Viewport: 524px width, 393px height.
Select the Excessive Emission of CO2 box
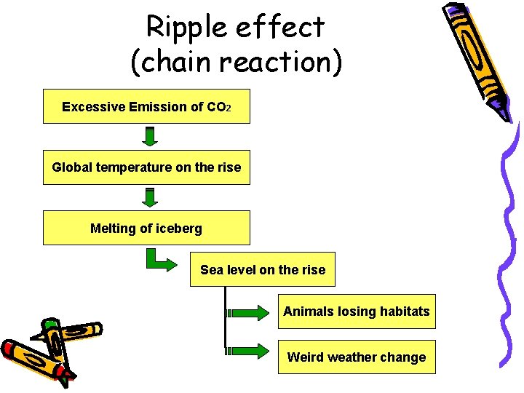(146, 106)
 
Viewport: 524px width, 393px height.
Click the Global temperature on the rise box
(146, 167)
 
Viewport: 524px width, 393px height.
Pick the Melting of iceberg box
(146, 228)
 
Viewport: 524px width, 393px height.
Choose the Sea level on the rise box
(263, 270)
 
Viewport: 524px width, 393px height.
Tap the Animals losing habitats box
(357, 311)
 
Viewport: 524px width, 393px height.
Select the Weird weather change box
(357, 357)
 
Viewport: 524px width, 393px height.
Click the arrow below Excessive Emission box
(150, 137)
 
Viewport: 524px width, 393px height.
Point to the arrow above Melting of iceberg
(150, 197)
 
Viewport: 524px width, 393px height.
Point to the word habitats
(405, 311)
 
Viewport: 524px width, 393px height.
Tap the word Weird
(306, 357)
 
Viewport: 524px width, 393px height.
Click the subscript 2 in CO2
(228, 108)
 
